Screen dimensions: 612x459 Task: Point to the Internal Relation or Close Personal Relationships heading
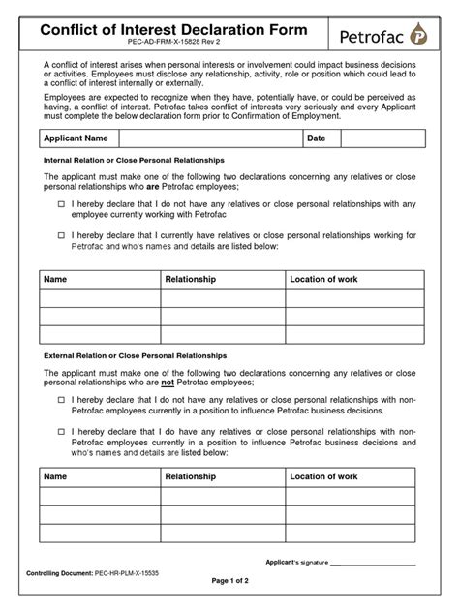pos(135,159)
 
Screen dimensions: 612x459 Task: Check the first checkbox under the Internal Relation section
pos(61,204)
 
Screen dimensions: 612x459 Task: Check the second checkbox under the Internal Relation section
pos(61,234)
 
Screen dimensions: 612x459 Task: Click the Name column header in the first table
pos(56,279)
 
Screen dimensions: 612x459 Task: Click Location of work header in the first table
pos(323,279)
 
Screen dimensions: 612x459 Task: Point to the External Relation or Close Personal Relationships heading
pos(135,356)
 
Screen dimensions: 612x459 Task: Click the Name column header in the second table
pos(56,476)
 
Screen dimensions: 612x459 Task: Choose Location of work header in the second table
pos(323,476)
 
